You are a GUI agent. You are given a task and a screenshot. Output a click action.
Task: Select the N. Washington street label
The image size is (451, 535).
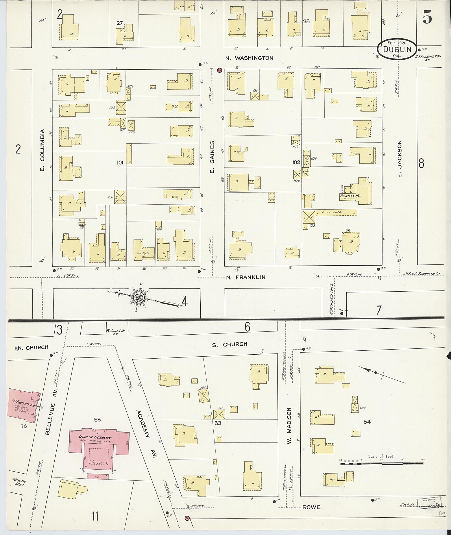[x=249, y=58]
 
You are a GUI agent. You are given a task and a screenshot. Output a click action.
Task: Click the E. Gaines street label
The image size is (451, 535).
[x=212, y=157]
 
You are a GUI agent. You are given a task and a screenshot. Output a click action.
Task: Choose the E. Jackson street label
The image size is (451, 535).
[x=400, y=159]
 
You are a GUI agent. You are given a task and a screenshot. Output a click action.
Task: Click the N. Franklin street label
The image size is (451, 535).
[x=246, y=277]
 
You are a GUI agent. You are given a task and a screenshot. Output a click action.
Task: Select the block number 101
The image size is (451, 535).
[x=120, y=162]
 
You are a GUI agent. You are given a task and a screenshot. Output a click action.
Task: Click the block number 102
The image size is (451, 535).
[x=296, y=162]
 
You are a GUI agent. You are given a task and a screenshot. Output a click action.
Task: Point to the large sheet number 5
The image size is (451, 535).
[x=427, y=17]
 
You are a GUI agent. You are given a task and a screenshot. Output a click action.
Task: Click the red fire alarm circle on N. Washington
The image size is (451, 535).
[x=219, y=70]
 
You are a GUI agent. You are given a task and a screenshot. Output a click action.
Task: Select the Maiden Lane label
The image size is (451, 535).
[x=19, y=482]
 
